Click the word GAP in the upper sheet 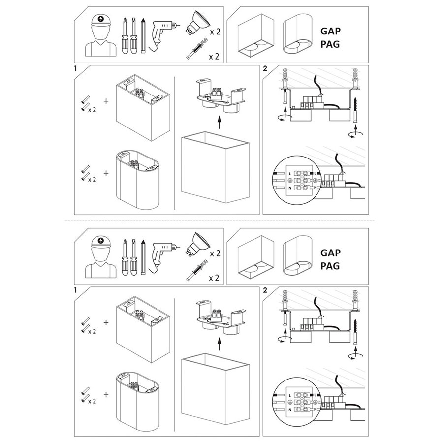[330, 31]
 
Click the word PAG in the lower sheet [330, 266]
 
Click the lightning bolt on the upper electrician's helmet [101, 19]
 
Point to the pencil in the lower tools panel [143, 257]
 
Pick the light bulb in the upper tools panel [198, 22]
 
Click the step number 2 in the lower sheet [265, 290]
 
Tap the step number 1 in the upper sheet [75, 68]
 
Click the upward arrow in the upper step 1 [219, 122]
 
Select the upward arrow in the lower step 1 [219, 344]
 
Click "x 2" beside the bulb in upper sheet [215, 32]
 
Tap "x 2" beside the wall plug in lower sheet [214, 278]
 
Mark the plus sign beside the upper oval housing [106, 173]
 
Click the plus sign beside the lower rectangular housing [106, 322]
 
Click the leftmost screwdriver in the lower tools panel [125, 257]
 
